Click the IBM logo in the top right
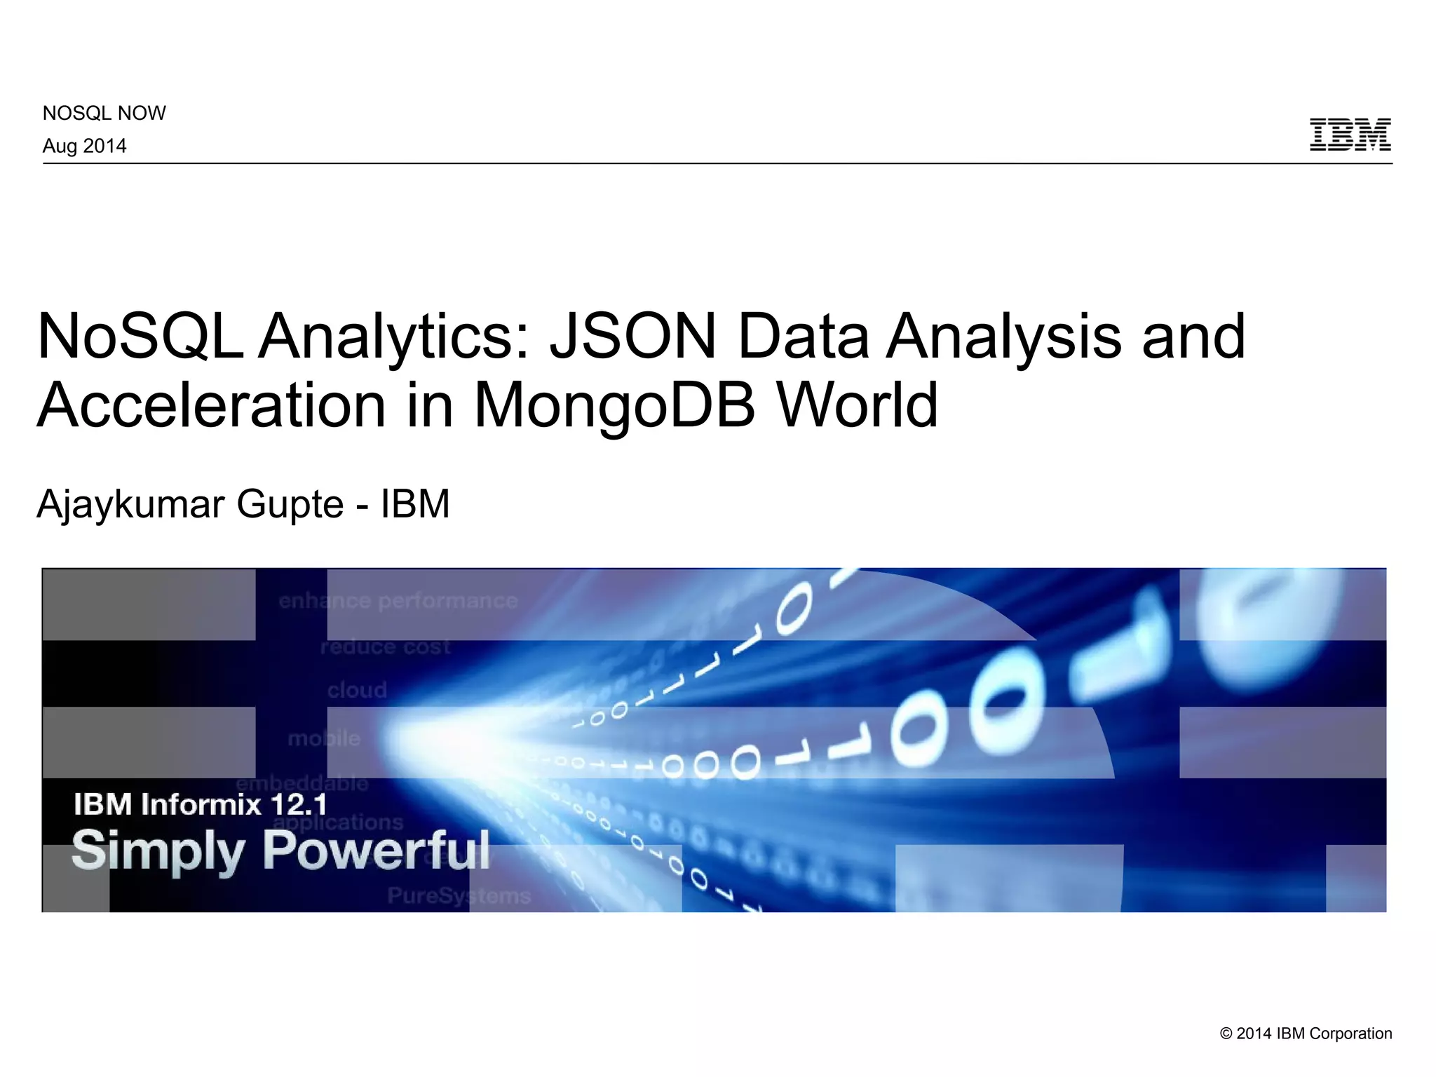[x=1350, y=135]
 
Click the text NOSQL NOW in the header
[x=104, y=113]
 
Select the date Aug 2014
[x=85, y=146]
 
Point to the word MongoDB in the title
[x=615, y=405]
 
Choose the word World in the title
[x=857, y=405]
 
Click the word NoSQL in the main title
[x=140, y=337]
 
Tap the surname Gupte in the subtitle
[x=290, y=505]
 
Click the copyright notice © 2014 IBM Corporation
[x=1306, y=1034]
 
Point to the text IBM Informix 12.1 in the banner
[x=200, y=804]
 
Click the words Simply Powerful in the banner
[x=280, y=851]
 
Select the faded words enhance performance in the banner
[x=398, y=601]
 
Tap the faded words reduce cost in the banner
[x=385, y=646]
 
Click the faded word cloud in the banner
[x=357, y=690]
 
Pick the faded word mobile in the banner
[x=324, y=738]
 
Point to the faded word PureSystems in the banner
[x=459, y=895]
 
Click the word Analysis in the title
[x=1003, y=337]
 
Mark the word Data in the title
[x=804, y=337]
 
